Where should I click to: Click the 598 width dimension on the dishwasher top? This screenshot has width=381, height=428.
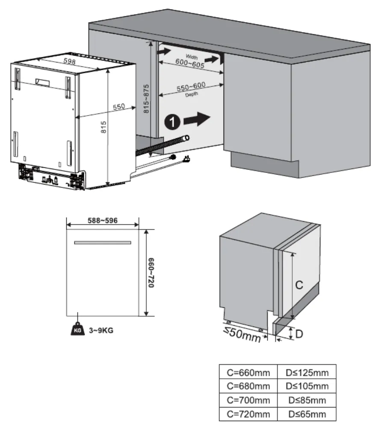coord(70,61)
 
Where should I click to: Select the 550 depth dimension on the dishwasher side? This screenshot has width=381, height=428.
coord(118,107)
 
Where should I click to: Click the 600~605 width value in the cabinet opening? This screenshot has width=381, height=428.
coord(190,62)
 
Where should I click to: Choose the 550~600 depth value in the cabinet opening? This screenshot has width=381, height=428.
coord(191,87)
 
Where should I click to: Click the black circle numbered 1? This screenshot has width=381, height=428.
coord(171,122)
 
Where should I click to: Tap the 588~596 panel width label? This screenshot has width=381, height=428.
coord(103,220)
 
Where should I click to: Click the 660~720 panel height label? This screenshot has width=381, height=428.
coord(151,273)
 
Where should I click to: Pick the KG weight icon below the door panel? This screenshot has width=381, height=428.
coord(77,330)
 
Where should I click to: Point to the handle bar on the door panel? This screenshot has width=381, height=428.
coord(103,243)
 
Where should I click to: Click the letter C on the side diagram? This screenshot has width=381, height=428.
coord(300,285)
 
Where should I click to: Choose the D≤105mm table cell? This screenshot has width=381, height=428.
coord(307,386)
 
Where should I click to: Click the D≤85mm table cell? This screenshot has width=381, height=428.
coord(307,401)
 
